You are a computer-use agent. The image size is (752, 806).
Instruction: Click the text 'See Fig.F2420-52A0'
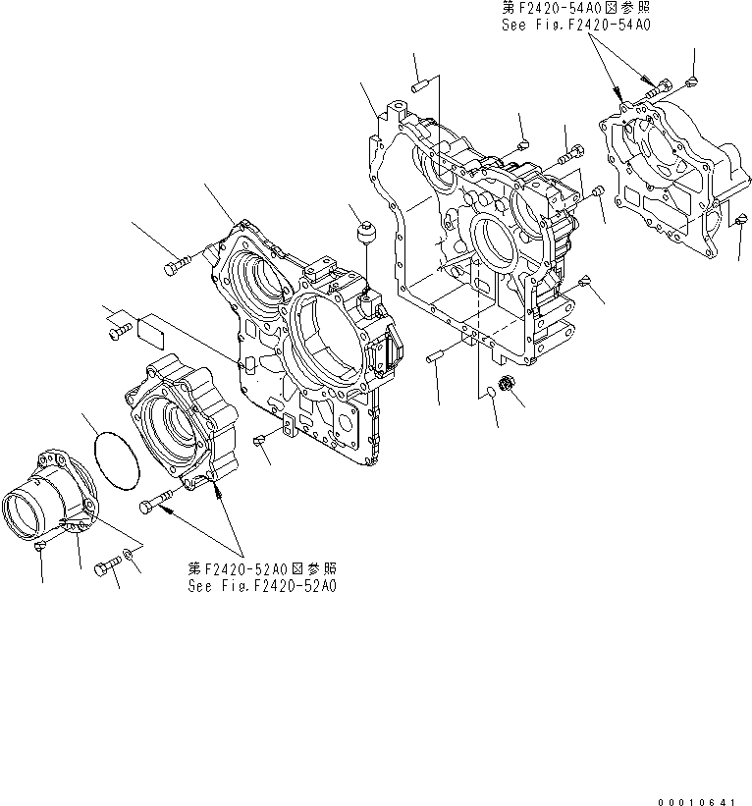pyautogui.click(x=262, y=586)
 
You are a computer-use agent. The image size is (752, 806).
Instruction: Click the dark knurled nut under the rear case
pyautogui.click(x=508, y=381)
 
